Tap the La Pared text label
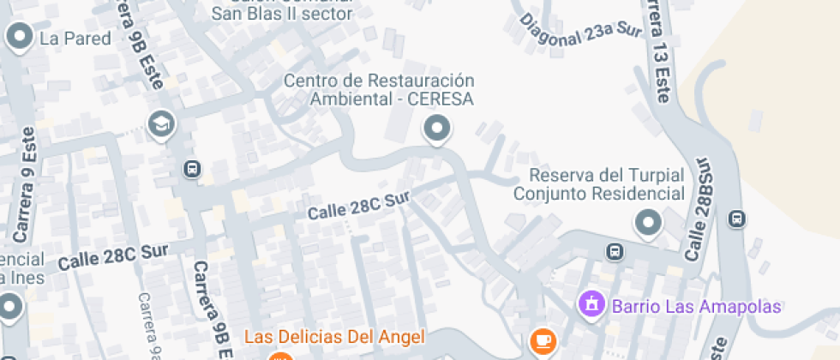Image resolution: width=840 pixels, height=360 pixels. (75, 39)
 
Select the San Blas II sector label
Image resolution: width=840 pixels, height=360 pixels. (282, 14)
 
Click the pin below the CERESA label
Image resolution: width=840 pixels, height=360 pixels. (438, 129)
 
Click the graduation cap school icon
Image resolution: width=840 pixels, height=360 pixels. (160, 125)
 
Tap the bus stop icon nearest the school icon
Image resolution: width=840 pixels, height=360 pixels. (192, 171)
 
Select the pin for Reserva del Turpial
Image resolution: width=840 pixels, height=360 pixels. (648, 225)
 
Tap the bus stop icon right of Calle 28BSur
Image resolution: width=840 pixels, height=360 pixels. (736, 219)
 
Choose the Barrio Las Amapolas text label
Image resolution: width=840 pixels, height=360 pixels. (695, 306)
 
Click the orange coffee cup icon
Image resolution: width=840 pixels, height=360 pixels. (541, 340)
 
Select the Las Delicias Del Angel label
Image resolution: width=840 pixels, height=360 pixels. (335, 335)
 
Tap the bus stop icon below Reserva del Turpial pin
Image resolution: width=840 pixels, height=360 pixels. (615, 252)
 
